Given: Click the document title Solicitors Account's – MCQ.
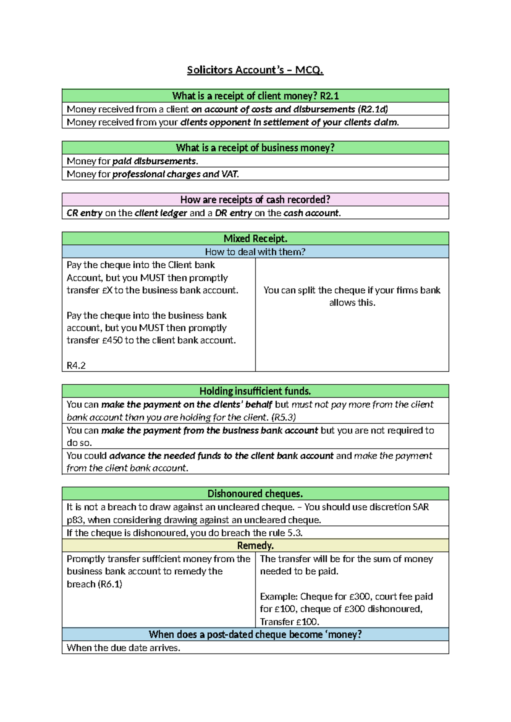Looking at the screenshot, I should [x=255, y=70].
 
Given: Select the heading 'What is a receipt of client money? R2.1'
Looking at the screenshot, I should [x=255, y=96].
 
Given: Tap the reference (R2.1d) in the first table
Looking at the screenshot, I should [x=373, y=109].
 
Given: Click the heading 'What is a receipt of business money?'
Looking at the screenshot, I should [x=255, y=148].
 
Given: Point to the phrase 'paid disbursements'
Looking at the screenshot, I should [x=154, y=161].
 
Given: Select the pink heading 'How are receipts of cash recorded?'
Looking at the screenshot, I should [x=255, y=200].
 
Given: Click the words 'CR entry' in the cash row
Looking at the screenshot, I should [x=84, y=213].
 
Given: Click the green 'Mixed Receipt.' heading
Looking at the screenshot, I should [x=255, y=239].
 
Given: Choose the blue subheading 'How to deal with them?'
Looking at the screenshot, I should [x=255, y=252].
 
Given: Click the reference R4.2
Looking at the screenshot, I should [x=76, y=365].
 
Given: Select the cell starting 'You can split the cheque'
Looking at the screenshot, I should [x=352, y=296].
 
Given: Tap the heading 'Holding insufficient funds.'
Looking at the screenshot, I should [x=255, y=391].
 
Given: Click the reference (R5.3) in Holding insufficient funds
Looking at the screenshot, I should [x=284, y=417].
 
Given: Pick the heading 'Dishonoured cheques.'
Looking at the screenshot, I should [x=255, y=494].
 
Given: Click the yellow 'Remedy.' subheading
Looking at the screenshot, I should [x=255, y=546].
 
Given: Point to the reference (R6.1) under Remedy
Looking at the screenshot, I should [x=110, y=584].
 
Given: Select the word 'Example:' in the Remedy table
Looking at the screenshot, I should [x=279, y=596].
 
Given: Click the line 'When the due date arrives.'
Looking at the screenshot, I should [x=123, y=648].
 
